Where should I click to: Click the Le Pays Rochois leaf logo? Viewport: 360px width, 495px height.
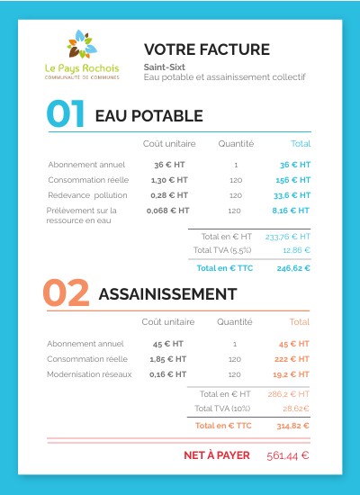tap(81, 47)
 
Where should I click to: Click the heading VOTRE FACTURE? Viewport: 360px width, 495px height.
tap(206, 49)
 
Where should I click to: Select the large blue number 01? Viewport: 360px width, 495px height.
tap(66, 115)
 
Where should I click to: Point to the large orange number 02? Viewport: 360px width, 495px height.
tap(66, 293)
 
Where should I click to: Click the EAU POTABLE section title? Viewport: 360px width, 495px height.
tap(148, 116)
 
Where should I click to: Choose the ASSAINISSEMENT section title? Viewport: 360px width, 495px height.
tap(166, 294)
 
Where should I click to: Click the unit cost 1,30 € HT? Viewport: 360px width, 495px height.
tap(169, 180)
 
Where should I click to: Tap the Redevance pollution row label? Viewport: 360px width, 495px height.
tap(88, 194)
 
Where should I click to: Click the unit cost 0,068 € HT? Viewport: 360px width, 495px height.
tap(168, 210)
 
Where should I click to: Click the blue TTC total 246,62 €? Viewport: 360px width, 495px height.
tap(293, 267)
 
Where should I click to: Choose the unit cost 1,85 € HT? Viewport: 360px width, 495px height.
tap(167, 358)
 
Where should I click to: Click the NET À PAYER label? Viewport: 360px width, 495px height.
tap(216, 455)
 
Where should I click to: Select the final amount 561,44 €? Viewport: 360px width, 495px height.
tap(288, 455)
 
